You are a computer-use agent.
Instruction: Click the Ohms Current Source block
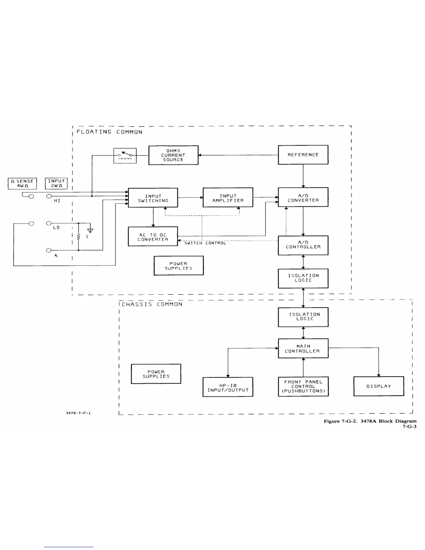pyautogui.click(x=173, y=155)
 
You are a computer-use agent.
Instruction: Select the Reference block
pyautogui.click(x=303, y=155)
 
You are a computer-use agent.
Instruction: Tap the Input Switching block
pyautogui.click(x=153, y=198)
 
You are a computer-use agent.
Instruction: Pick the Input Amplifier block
pyautogui.click(x=228, y=198)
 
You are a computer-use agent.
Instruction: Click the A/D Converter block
pyautogui.click(x=303, y=198)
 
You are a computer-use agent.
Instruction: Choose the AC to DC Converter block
pyautogui.click(x=153, y=237)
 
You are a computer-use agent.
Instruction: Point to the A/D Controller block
pyautogui.click(x=303, y=245)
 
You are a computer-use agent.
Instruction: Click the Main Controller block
pyautogui.click(x=303, y=348)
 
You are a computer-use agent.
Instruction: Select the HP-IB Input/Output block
pyautogui.click(x=228, y=387)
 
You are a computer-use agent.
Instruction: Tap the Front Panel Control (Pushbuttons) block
pyautogui.click(x=303, y=386)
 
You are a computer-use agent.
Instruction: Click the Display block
pyautogui.click(x=378, y=386)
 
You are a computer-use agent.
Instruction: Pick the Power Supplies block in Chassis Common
pyautogui.click(x=156, y=374)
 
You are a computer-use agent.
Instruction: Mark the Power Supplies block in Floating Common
pyautogui.click(x=178, y=266)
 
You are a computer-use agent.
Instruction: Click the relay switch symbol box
pyautogui.click(x=125, y=156)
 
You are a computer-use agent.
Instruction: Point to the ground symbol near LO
pyautogui.click(x=90, y=230)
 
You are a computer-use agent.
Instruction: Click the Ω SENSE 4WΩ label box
pyautogui.click(x=22, y=183)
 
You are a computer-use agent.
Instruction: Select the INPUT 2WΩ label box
pyautogui.click(x=56, y=183)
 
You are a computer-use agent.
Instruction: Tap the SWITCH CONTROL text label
pyautogui.click(x=205, y=243)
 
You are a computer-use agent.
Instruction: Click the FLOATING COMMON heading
pyautogui.click(x=109, y=132)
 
